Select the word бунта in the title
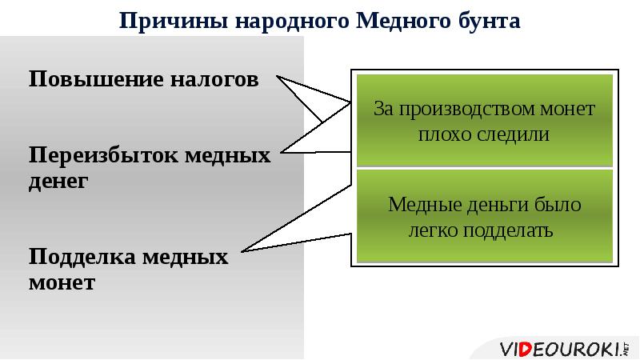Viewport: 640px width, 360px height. [x=488, y=19]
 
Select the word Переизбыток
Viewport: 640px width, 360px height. [x=104, y=154]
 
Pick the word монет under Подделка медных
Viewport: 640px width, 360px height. [x=62, y=282]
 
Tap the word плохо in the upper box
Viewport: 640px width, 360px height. [x=445, y=134]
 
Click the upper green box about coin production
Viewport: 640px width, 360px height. [x=484, y=120]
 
